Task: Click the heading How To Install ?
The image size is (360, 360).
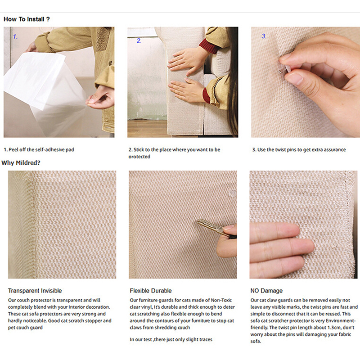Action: coord(27,19)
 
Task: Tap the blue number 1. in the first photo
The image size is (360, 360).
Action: coord(15,36)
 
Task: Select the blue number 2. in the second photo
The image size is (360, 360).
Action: coord(139,40)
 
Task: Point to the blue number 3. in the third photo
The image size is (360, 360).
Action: coord(264,36)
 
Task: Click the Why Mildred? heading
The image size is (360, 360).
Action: coord(21,163)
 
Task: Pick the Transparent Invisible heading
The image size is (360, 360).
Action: coord(35,291)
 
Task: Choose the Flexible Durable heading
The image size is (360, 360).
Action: coord(151,291)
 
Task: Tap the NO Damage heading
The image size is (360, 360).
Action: coord(266,291)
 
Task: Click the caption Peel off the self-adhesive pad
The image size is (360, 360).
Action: coord(39,150)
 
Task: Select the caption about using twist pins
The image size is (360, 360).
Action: coord(299,150)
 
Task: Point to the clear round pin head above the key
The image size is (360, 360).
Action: coord(232,193)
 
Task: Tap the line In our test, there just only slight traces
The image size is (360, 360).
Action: coord(171,339)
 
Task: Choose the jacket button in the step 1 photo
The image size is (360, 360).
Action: coord(110,63)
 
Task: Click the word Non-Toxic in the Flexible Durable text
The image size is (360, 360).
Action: coord(221,300)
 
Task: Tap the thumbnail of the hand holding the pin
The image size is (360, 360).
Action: coord(306,82)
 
